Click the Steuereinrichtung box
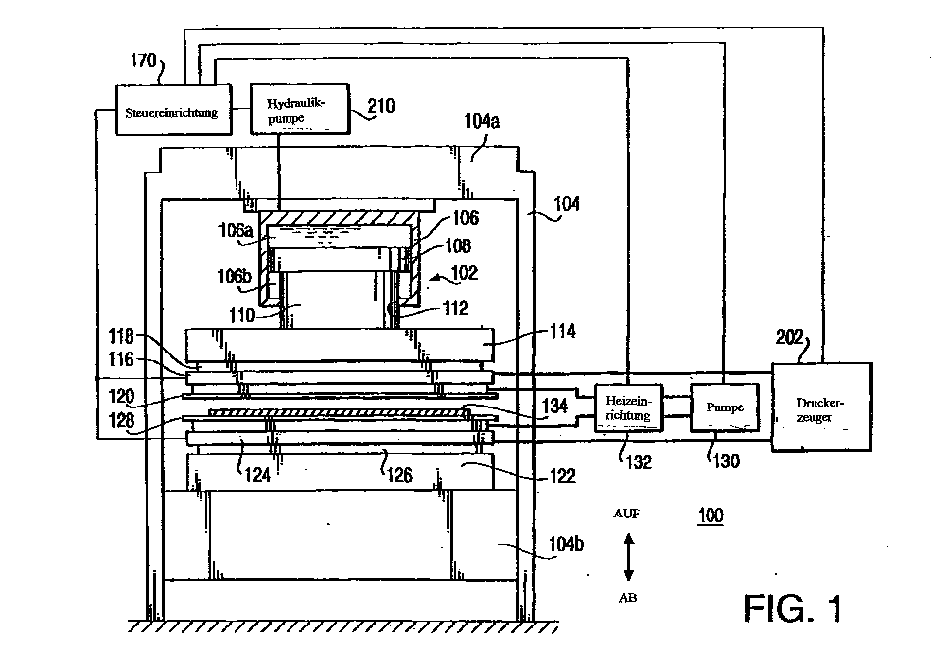[172, 112]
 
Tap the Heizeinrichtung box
[628, 407]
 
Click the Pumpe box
[725, 407]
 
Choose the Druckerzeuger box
[820, 406]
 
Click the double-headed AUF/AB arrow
[628, 556]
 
